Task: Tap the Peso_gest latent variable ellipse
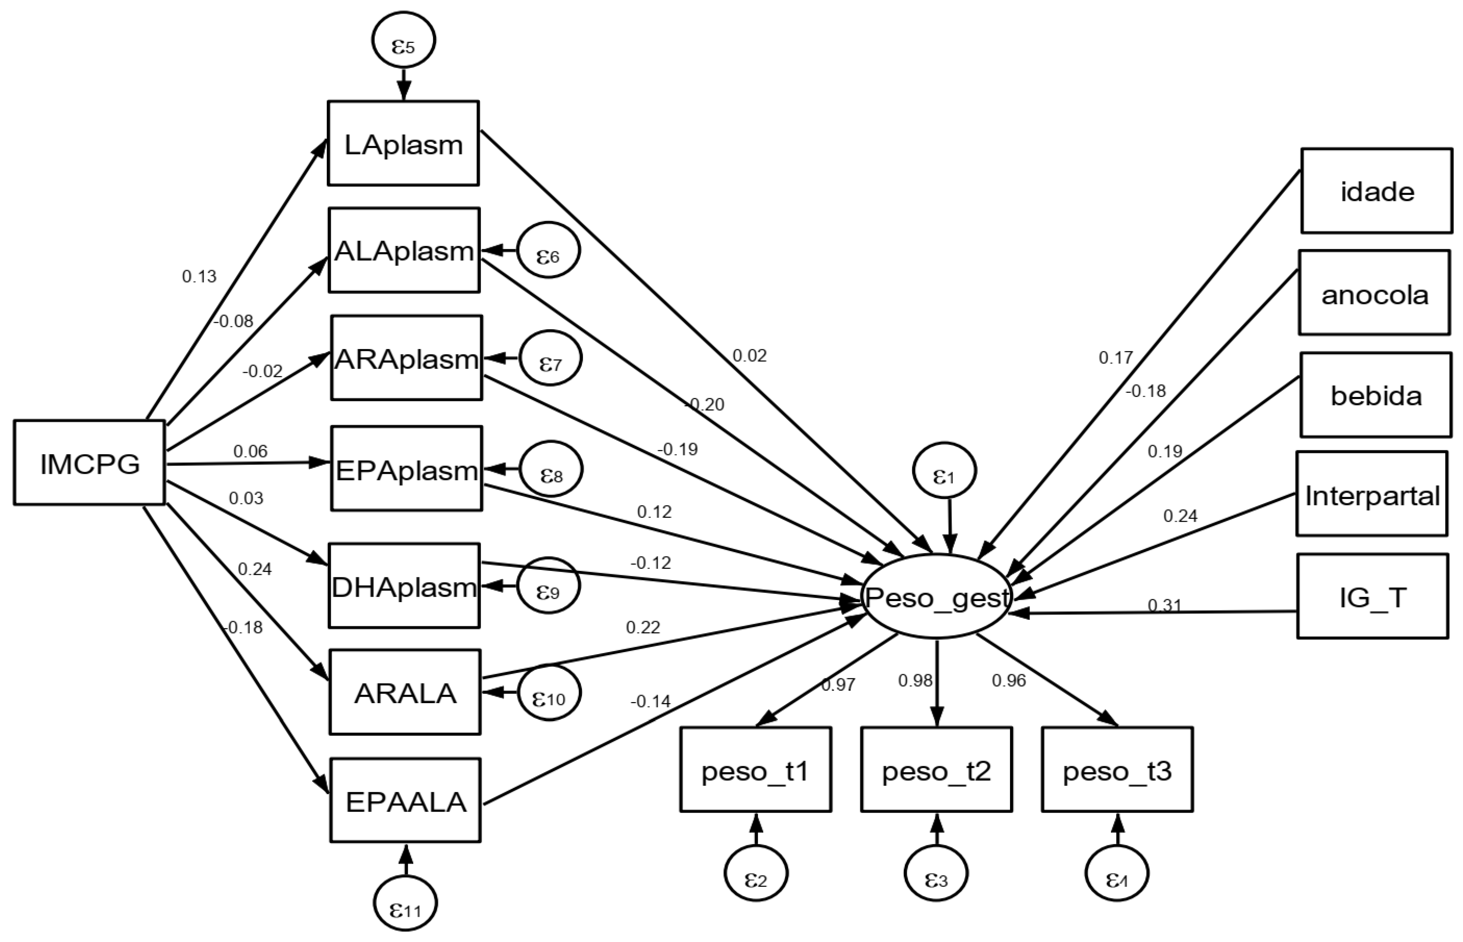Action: [x=936, y=596]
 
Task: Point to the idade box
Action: [x=1376, y=191]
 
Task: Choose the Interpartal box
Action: [x=1372, y=494]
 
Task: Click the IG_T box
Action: [x=1373, y=596]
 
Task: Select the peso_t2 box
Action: [x=936, y=769]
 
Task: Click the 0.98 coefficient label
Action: [x=915, y=680]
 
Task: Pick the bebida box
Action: [x=1375, y=395]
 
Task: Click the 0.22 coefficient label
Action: [x=643, y=627]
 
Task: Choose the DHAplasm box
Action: [x=404, y=585]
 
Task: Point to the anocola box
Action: [x=1374, y=293]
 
